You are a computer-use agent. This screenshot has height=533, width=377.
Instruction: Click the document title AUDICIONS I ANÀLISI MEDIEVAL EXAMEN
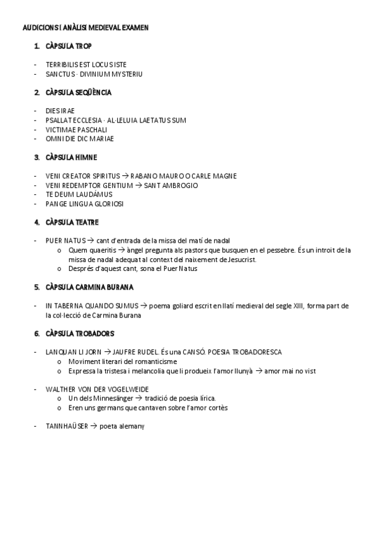pyautogui.click(x=86, y=28)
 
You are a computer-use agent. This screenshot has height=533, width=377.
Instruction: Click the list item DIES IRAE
pyautogui.click(x=60, y=111)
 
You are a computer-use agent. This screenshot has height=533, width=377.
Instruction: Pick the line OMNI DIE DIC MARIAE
pyautogui.click(x=80, y=138)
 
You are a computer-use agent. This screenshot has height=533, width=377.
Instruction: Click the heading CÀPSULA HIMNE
pyautogui.click(x=71, y=157)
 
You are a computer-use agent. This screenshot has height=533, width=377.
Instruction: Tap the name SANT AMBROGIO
pyautogui.click(x=171, y=185)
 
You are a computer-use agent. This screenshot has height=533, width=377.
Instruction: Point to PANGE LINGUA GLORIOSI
pyautogui.click(x=85, y=204)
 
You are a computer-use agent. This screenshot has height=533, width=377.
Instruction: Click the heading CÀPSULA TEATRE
pyautogui.click(x=72, y=223)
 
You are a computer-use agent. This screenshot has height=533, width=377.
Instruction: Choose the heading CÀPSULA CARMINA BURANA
pyautogui.click(x=89, y=287)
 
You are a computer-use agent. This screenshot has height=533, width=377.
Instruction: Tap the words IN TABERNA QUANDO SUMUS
pyautogui.click(x=88, y=306)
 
